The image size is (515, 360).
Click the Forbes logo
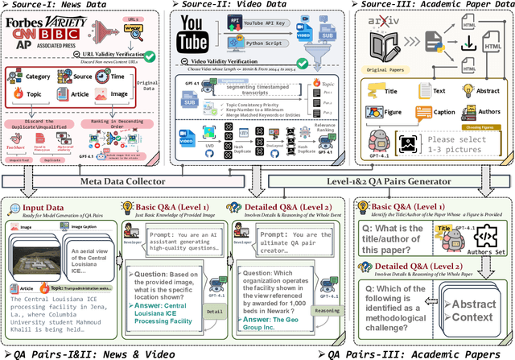pos(27,23)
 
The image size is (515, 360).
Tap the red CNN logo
pos(23,37)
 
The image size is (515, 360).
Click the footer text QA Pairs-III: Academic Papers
pos(418,353)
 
